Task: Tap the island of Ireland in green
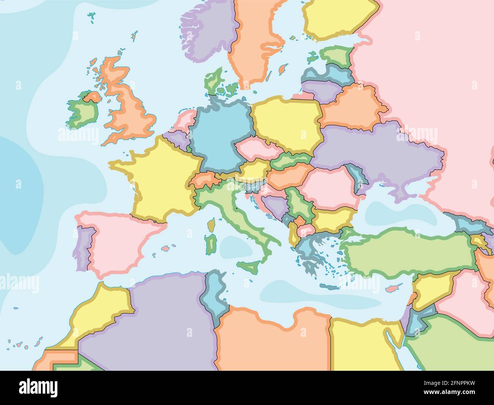click(x=82, y=112)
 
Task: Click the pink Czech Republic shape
click(x=253, y=148)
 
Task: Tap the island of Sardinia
click(x=210, y=243)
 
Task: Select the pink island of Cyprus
click(x=391, y=288)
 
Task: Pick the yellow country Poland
click(x=287, y=122)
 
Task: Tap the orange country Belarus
click(x=353, y=106)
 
